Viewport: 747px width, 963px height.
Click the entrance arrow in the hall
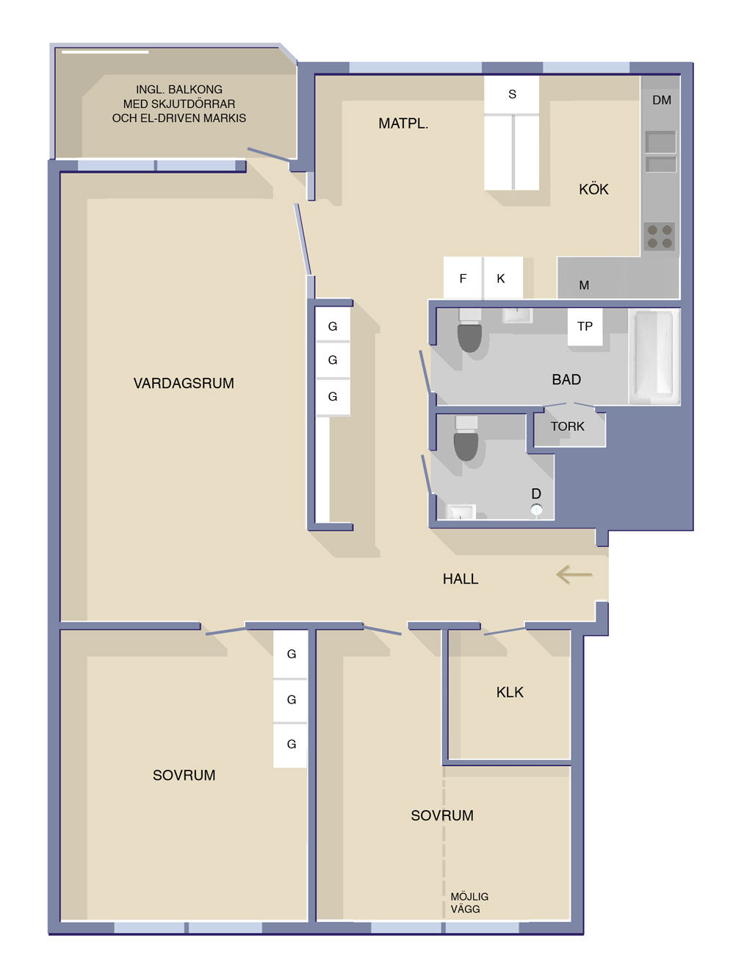point(574,575)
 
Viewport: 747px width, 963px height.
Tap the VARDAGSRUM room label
point(184,383)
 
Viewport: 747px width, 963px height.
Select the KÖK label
point(593,189)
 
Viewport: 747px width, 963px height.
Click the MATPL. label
point(403,123)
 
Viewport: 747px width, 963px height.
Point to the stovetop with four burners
point(659,236)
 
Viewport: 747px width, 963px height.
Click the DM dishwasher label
point(662,100)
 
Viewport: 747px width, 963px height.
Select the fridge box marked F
point(463,278)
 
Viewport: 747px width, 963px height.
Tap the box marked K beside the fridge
point(502,278)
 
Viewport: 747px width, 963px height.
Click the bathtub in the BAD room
point(654,357)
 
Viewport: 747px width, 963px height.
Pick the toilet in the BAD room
point(469,332)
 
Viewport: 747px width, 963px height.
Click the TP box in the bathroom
point(585,326)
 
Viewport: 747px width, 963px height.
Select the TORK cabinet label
point(567,426)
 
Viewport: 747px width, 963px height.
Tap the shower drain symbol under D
point(536,509)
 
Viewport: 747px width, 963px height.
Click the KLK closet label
point(510,692)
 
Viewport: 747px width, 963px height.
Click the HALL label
point(461,579)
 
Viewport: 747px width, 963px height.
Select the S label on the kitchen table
point(512,94)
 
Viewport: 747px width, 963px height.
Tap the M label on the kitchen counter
point(584,285)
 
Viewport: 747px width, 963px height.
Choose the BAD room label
point(566,379)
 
